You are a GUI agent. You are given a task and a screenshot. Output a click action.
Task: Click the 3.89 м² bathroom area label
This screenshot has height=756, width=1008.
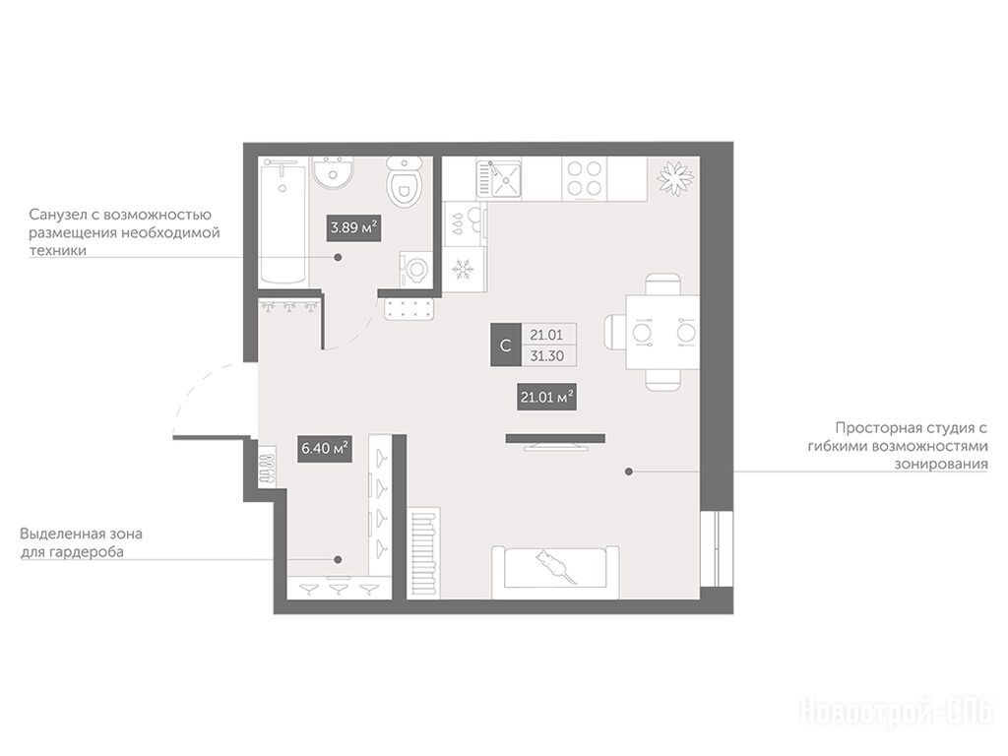pos(353,227)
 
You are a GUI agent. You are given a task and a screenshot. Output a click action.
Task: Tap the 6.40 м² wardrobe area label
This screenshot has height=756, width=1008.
pos(325,448)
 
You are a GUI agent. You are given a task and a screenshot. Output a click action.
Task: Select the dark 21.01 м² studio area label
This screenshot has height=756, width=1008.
pos(546,397)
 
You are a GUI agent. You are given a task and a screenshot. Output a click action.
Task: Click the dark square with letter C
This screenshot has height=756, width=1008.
pos(505,346)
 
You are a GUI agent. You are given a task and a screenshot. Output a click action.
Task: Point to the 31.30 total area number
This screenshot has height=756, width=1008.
pos(546,355)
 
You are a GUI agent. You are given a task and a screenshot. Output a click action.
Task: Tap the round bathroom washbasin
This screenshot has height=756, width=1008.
pos(333,172)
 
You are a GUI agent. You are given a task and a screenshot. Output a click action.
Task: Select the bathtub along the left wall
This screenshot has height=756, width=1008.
pos(283,222)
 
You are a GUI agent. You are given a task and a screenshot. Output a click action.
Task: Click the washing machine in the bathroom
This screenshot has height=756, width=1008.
pos(416,268)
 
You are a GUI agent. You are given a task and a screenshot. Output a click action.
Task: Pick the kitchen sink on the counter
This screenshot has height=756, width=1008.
pos(498,179)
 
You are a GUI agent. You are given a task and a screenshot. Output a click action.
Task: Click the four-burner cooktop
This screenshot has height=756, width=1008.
pos(585,179)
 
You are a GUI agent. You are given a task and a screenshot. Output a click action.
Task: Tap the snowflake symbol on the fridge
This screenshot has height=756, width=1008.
pos(463,269)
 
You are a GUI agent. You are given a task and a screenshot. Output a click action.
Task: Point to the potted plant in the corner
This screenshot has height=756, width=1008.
pos(674,176)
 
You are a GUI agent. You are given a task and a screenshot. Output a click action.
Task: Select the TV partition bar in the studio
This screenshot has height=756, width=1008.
pos(555,439)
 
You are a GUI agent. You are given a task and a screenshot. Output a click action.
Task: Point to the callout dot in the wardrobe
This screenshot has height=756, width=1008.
pos(339,559)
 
